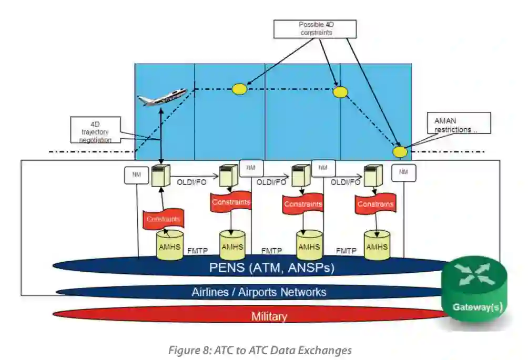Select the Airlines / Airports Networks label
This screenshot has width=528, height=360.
[x=259, y=292]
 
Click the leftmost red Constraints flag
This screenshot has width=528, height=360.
[x=163, y=219]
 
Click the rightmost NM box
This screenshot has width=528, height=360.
[x=403, y=172]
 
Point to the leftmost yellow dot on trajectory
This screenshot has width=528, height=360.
[x=239, y=89]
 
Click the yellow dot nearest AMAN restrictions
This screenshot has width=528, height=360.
[x=400, y=151]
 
